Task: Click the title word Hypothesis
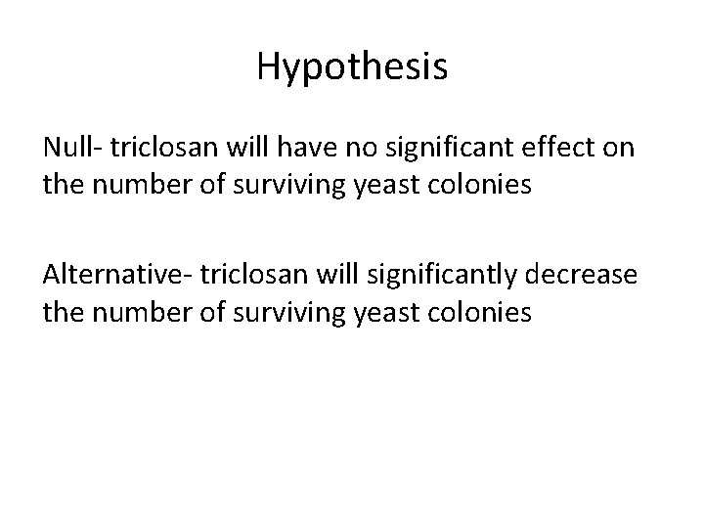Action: point(352,66)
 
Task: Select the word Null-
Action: point(72,149)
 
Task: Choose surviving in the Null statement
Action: point(296,184)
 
